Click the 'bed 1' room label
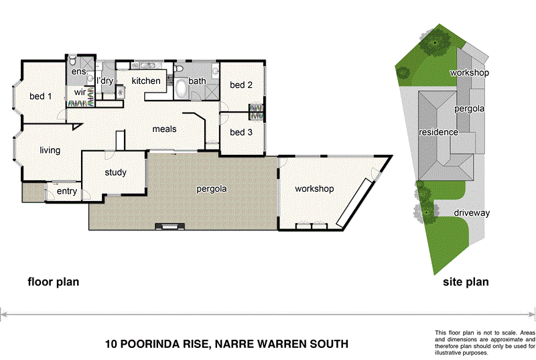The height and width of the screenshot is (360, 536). [x=41, y=97]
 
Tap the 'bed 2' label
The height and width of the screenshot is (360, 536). [x=241, y=85]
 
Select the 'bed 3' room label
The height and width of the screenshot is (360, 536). [x=241, y=133]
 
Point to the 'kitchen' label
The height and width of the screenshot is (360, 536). [x=146, y=81]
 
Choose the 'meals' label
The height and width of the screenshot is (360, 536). [x=164, y=128]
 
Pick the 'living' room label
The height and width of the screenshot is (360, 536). [x=50, y=150]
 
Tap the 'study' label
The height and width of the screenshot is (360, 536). [x=116, y=173]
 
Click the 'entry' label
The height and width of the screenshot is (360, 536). [x=67, y=192]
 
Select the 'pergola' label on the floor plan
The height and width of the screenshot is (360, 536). [x=211, y=189]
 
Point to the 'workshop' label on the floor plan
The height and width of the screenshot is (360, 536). [x=314, y=189]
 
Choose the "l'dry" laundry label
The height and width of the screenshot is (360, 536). [x=105, y=81]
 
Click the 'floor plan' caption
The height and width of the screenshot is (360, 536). [x=53, y=282]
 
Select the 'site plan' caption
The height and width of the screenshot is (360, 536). [x=466, y=282]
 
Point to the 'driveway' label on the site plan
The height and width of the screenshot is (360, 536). [x=472, y=213]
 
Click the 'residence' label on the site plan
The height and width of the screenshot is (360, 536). [x=438, y=132]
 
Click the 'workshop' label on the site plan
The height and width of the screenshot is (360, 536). [x=469, y=72]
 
